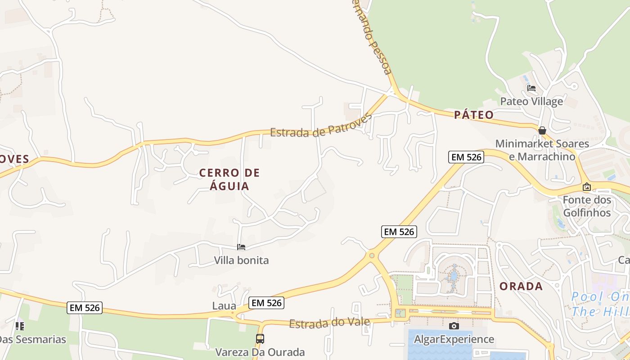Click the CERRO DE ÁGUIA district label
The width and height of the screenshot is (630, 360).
pos(229,179)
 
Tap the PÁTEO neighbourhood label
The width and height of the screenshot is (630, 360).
pos(473,115)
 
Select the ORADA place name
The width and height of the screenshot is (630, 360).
pos(521,286)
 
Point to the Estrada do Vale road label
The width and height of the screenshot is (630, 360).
pos(329,323)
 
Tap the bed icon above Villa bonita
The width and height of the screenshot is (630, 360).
pos(241,247)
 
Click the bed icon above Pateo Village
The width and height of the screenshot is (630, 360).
pos(531,88)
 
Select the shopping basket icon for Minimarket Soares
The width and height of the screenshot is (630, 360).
pos(542,130)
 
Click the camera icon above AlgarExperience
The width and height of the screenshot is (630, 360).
pos(454,326)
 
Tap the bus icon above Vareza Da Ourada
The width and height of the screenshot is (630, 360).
pos(260,339)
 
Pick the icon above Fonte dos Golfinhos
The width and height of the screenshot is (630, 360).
pos(587,187)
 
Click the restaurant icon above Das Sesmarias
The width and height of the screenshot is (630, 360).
pos(19,326)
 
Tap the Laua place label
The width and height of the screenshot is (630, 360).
pos(224,306)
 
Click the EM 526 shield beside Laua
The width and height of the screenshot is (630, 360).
pos(266,303)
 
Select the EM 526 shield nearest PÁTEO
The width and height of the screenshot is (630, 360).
pos(466,157)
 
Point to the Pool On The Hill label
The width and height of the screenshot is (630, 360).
pos(601,304)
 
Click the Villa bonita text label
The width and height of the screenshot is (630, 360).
pos(241,260)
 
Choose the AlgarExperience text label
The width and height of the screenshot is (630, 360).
pos(454,339)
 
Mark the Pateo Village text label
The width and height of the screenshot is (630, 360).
pos(531,101)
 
